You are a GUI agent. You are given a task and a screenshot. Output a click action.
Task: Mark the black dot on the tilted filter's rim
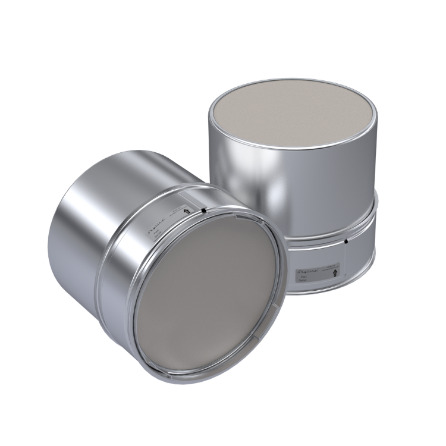203,211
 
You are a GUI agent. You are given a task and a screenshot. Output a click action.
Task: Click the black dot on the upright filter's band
346,241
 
